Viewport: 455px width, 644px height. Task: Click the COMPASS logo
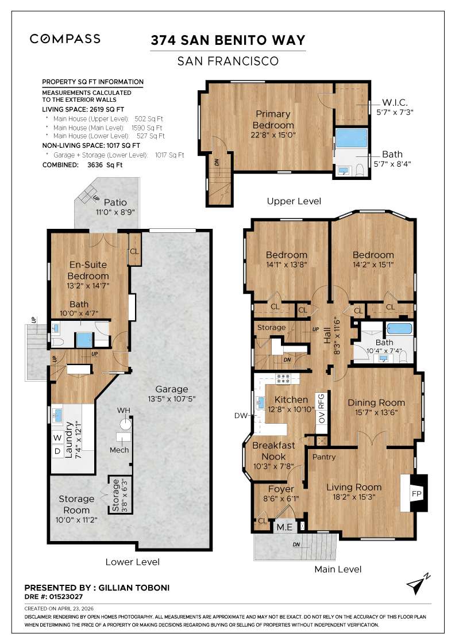coord(65,39)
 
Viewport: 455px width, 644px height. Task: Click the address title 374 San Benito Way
coord(227,40)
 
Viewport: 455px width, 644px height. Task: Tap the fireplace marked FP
coord(416,493)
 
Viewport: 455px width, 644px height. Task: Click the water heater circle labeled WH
coord(124,424)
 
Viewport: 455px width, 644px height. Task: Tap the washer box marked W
coord(57,437)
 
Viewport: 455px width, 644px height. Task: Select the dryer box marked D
coord(57,451)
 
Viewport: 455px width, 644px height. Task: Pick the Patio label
coord(115,202)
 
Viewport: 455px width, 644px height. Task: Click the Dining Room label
coord(376,402)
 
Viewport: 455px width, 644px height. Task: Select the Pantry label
coord(324,457)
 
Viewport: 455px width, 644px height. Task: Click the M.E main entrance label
coord(283,527)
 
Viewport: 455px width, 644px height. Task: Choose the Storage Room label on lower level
coord(76,504)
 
